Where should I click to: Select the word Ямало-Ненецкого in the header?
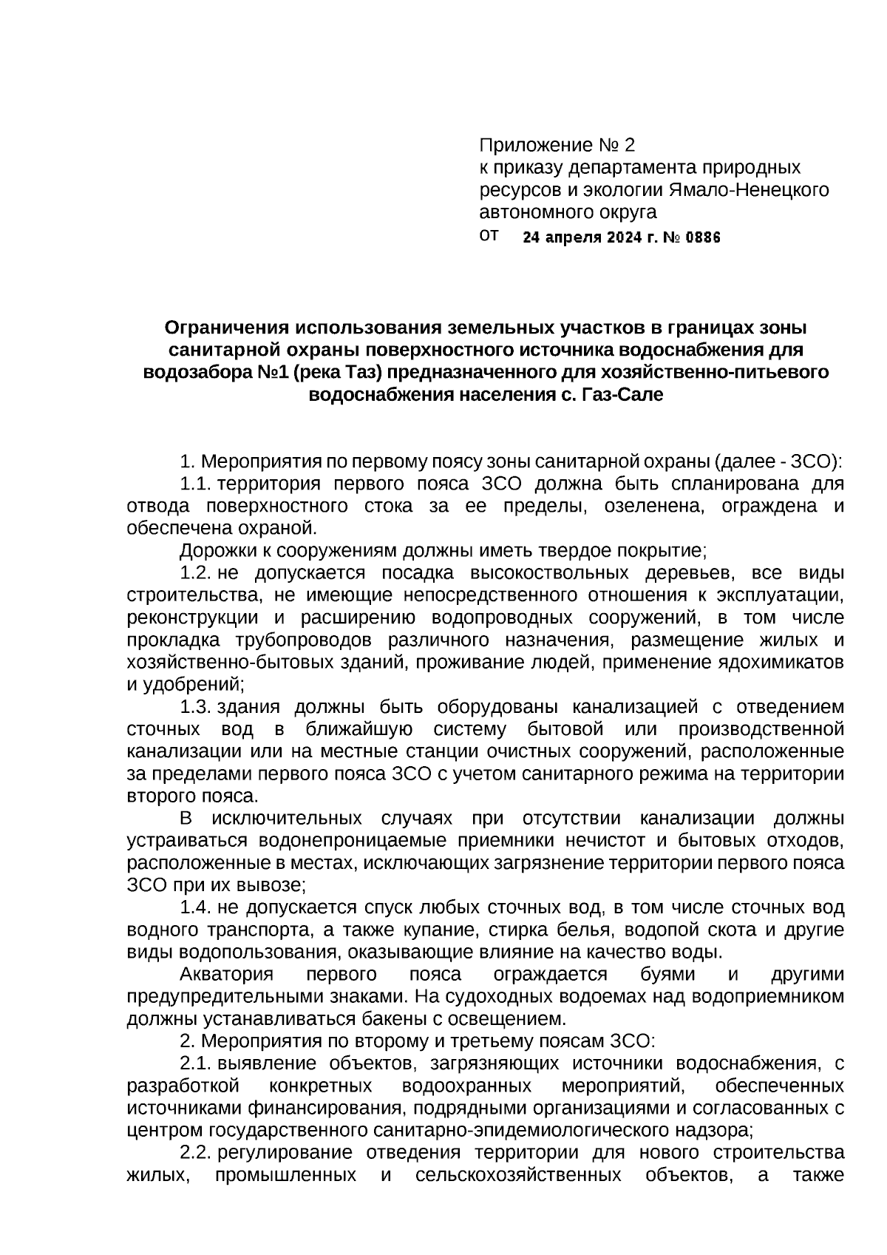coord(749,190)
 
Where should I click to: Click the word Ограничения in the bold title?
coord(226,327)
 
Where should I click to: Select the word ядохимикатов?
coord(781,662)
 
